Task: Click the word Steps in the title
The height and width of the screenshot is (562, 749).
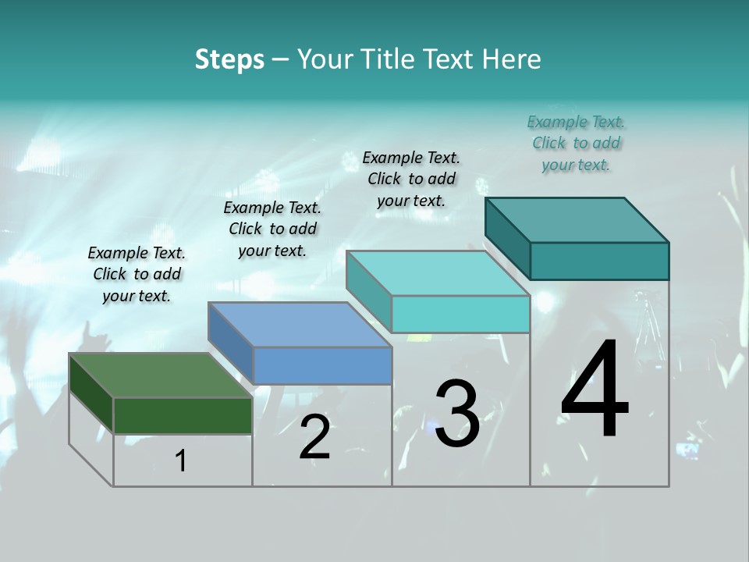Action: (x=229, y=59)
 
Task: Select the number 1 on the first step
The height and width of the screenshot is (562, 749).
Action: (x=181, y=461)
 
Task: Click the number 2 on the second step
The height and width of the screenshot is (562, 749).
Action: (x=314, y=438)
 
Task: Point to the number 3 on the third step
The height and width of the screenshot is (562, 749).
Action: (x=457, y=414)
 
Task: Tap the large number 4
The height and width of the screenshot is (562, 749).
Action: (x=595, y=390)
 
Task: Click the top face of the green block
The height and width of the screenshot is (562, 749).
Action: (x=160, y=375)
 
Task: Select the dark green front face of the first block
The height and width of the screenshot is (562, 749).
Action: (x=183, y=415)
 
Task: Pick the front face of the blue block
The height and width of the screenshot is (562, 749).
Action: (x=322, y=365)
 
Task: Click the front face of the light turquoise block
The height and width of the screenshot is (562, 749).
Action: (x=460, y=314)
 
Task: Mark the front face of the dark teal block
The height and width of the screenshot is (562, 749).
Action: (x=599, y=261)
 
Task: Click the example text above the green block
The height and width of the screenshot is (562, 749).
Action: (x=137, y=274)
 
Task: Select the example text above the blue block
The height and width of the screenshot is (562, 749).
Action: (x=272, y=229)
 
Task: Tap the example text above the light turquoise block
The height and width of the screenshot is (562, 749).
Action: (x=411, y=179)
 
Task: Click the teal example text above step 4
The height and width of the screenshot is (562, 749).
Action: (x=576, y=143)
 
